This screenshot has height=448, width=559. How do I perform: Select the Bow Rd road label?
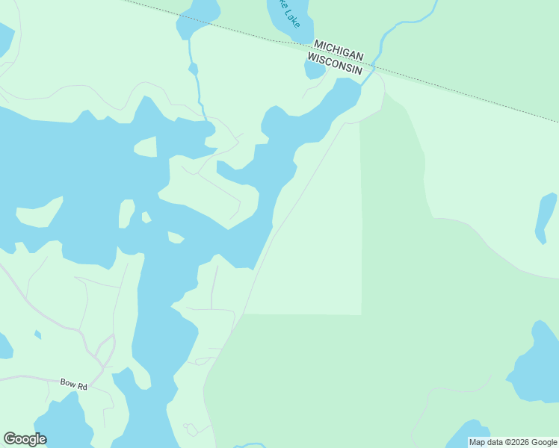click(74, 383)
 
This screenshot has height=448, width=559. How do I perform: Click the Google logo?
click(25, 439)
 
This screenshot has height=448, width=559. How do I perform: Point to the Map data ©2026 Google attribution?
click(513, 442)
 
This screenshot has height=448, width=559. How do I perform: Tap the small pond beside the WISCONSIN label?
click(314, 69)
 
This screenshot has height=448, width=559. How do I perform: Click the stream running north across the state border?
click(396, 30)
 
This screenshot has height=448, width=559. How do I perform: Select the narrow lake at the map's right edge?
click(546, 217)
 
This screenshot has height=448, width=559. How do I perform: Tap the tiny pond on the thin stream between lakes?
click(193, 69)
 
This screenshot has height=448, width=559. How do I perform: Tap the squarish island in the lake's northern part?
click(146, 146)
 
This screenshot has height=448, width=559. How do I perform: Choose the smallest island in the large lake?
click(146, 217)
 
